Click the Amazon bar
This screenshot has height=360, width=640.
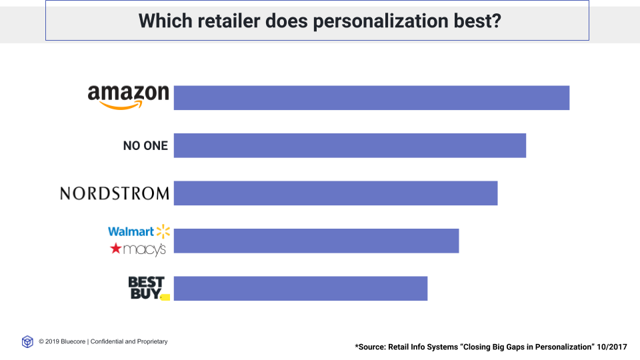click(x=371, y=97)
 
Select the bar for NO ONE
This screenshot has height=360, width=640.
click(x=350, y=145)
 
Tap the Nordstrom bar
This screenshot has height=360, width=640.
click(x=335, y=193)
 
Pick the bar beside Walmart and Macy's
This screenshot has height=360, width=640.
click(x=316, y=241)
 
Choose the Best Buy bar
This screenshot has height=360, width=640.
click(x=300, y=289)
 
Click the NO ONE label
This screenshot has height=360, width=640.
click(x=145, y=145)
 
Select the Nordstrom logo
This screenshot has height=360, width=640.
click(x=115, y=193)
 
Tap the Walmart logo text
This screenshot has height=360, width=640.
click(x=131, y=231)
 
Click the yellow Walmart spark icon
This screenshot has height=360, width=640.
click(x=163, y=231)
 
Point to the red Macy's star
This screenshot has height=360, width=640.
click(x=116, y=249)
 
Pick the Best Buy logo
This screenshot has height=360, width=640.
click(x=146, y=288)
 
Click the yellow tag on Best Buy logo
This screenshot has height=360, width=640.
click(x=165, y=297)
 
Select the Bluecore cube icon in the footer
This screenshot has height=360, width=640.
click(x=27, y=342)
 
